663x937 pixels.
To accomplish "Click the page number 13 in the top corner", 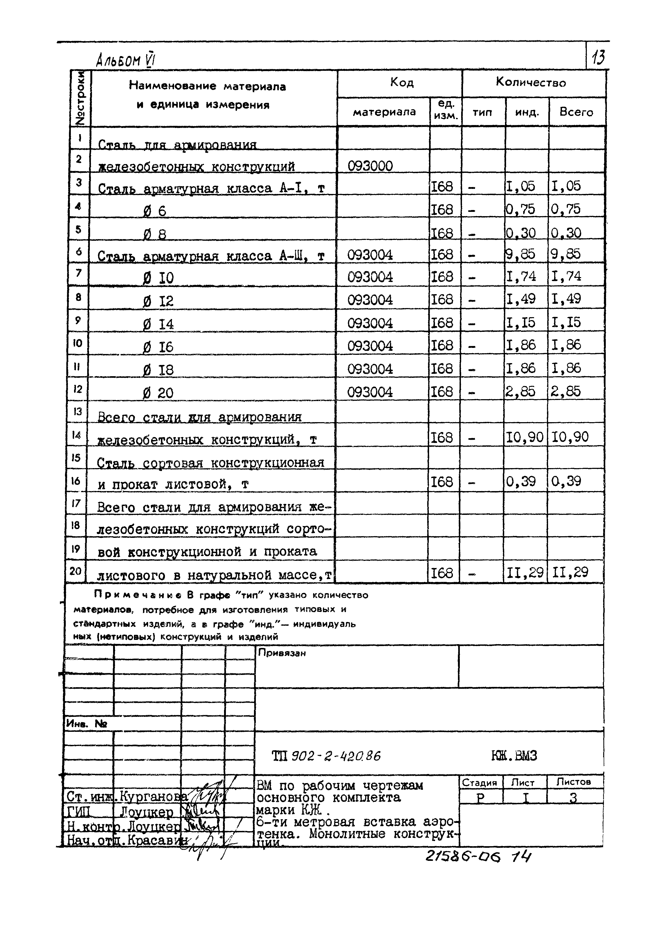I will click(598, 57).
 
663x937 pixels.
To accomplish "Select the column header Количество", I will click(531, 83).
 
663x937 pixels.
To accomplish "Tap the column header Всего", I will click(576, 112).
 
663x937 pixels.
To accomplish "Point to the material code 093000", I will click(370, 166).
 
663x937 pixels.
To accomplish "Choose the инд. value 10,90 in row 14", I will click(524, 437).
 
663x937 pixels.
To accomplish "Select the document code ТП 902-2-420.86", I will click(326, 756).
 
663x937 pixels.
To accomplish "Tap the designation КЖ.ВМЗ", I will click(514, 756).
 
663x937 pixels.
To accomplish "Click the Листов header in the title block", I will click(574, 782).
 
